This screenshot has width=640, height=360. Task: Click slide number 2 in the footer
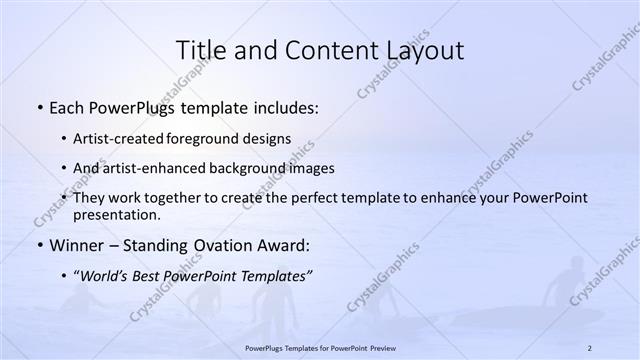[x=590, y=347]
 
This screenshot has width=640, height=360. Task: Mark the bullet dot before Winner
[x=39, y=245]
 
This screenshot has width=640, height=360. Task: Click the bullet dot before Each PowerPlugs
[x=39, y=107]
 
